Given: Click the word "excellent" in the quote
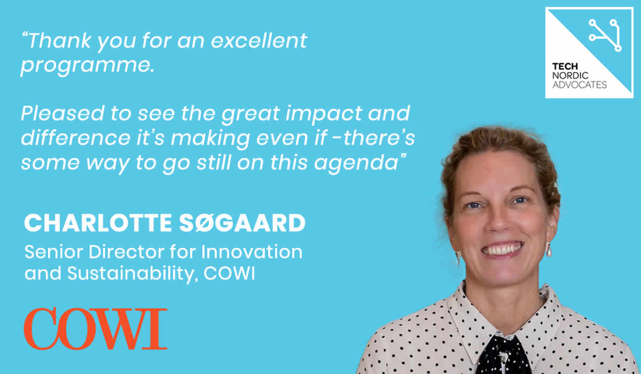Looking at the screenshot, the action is pyautogui.click(x=259, y=41).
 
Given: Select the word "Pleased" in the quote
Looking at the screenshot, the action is pyautogui.click(x=62, y=113).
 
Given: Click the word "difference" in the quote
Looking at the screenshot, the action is pyautogui.click(x=76, y=138).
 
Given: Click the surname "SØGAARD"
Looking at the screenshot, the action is pyautogui.click(x=243, y=223).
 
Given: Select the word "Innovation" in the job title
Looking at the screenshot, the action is pyautogui.click(x=252, y=252).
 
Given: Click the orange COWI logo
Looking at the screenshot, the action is pyautogui.click(x=96, y=329).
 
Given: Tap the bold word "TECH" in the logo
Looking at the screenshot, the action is pyautogui.click(x=565, y=67).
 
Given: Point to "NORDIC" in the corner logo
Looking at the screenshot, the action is pyautogui.click(x=570, y=75).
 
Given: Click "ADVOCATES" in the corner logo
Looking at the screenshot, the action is pyautogui.click(x=580, y=85).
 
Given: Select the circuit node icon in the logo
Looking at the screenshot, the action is pyautogui.click(x=605, y=35).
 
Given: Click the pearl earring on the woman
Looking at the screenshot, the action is pyautogui.click(x=549, y=250).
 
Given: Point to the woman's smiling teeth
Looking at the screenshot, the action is pyautogui.click(x=502, y=249).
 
